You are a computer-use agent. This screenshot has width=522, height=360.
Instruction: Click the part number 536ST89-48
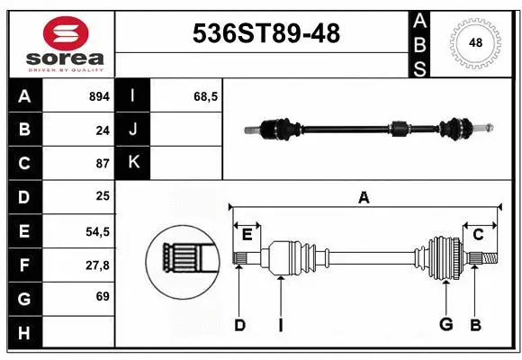tap(267, 34)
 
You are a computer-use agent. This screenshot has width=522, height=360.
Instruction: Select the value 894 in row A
tap(98, 96)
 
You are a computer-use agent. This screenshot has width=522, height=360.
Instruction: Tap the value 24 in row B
tap(103, 130)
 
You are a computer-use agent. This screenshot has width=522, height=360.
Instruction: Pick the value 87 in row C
tap(103, 164)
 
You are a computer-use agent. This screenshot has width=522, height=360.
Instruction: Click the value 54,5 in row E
tap(97, 231)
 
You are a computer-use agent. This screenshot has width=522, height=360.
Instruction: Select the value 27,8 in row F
tap(97, 265)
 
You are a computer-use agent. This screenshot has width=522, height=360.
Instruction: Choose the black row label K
tap(133, 163)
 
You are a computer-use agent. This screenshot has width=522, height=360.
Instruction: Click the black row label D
tap(24, 197)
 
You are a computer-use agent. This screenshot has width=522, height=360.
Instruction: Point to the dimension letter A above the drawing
tap(364, 197)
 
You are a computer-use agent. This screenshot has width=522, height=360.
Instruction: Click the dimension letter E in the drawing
tap(247, 235)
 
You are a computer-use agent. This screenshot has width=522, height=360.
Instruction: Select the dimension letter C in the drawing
tap(478, 235)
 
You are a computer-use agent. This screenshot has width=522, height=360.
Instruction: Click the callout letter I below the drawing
tap(280, 325)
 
